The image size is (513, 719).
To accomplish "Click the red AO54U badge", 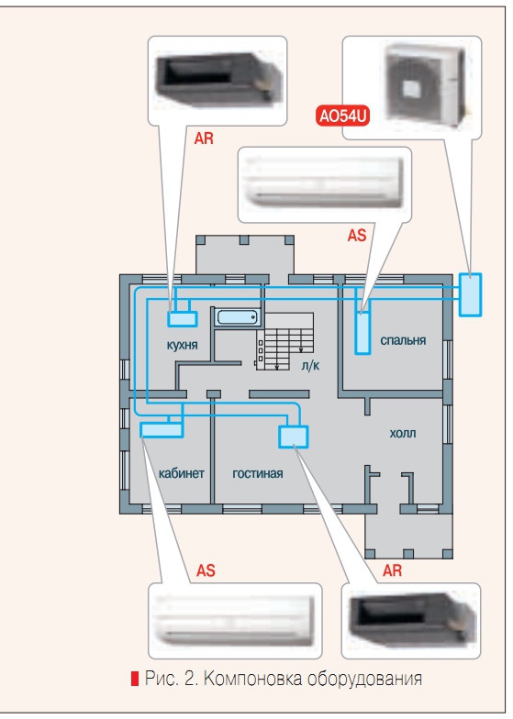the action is [343, 116].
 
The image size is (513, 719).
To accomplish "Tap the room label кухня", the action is [182, 345].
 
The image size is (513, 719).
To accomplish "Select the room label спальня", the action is [403, 340].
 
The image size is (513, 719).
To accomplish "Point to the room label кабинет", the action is [182, 473].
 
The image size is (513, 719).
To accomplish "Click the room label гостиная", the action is [257, 473].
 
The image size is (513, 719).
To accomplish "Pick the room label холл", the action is [402, 433].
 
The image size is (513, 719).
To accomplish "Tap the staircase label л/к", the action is [310, 365].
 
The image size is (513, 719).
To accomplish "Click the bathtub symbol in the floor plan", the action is [238, 317].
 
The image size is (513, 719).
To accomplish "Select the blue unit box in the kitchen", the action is [182, 319].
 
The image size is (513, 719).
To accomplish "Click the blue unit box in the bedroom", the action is [362, 333].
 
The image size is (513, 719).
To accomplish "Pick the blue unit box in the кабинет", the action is [162, 430].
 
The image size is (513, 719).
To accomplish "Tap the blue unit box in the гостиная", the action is [294, 437].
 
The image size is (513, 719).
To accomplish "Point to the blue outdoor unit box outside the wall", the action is [470, 295].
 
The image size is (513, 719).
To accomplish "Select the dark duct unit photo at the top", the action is [217, 79].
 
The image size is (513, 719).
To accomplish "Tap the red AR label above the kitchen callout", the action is [204, 138].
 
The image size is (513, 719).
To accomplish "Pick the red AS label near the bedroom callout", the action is [357, 236].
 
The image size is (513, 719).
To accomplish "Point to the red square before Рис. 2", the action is [134, 679].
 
